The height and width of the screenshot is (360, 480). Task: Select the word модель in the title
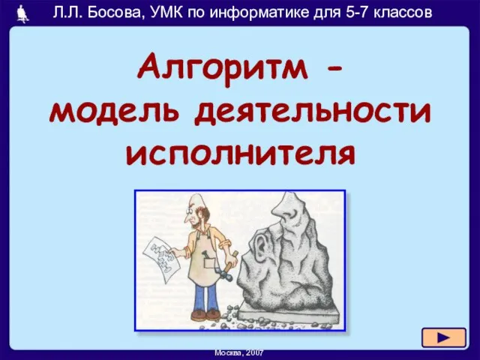click(114, 112)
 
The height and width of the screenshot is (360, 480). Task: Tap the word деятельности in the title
click(313, 112)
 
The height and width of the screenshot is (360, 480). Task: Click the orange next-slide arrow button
click(444, 337)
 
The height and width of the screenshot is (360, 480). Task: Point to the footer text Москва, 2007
click(239, 353)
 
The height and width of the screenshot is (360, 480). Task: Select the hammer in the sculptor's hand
click(228, 265)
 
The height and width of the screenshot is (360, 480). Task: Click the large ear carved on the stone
click(261, 244)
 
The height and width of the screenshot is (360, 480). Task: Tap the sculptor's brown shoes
click(205, 314)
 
